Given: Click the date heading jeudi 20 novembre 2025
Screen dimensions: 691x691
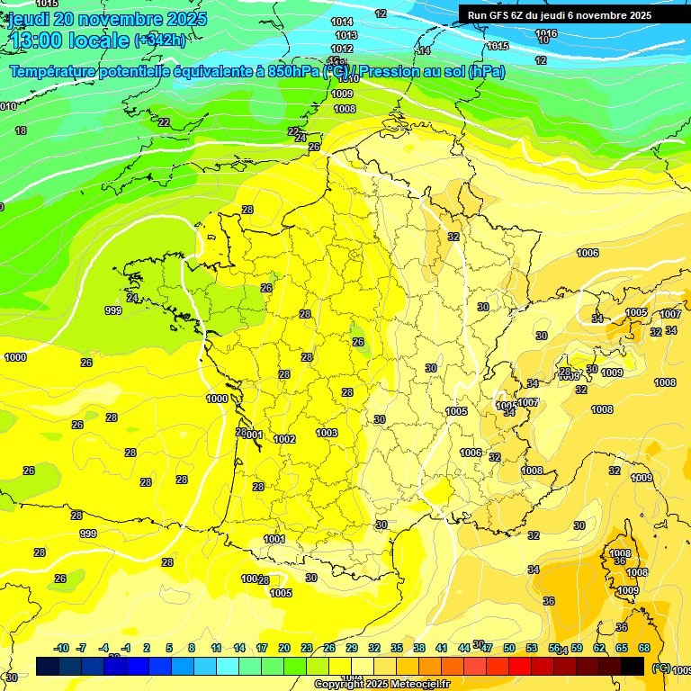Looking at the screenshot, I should pos(107,19).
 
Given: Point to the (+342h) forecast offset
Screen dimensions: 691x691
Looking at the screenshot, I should pos(160,40).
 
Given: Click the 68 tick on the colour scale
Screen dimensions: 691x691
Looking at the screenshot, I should pos(644,648).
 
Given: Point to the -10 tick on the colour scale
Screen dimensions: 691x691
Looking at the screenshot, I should pos(62,648).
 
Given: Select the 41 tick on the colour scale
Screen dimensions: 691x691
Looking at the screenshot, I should pos(442,648).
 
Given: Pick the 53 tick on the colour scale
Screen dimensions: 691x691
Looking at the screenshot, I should pos(532,648).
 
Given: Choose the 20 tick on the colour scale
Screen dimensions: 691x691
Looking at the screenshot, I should pos(284,648).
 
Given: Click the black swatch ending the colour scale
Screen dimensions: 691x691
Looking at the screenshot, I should pos(633,666).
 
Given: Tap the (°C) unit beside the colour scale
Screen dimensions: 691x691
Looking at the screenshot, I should pos(660,667).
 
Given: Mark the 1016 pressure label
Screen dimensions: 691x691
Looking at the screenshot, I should pos(546,33).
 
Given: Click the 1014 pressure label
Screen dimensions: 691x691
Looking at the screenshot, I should pos(342,22).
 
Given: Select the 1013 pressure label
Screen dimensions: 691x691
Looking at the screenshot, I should pos(345,35).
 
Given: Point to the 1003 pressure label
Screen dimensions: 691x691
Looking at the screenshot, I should pos(327,433).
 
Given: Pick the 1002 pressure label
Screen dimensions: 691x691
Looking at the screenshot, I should pos(285,439).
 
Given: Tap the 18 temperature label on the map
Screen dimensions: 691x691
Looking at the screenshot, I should pos(21,130).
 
